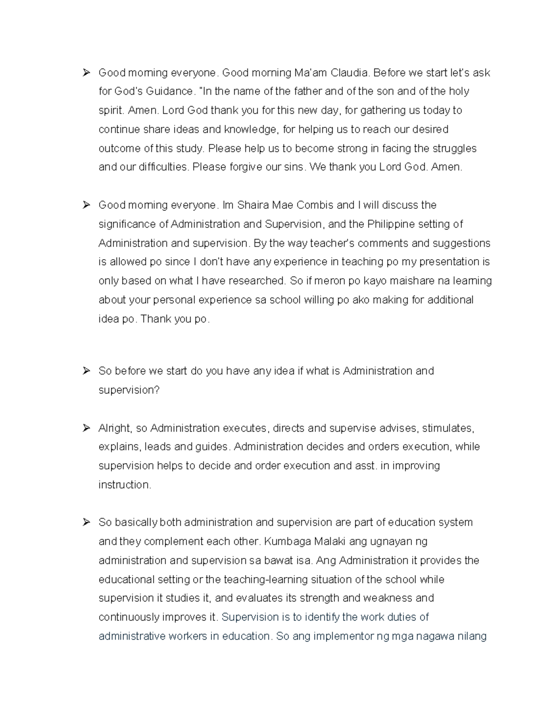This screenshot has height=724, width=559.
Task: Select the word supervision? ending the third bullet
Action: point(129,390)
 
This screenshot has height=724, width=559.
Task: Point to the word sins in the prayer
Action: point(293,167)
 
